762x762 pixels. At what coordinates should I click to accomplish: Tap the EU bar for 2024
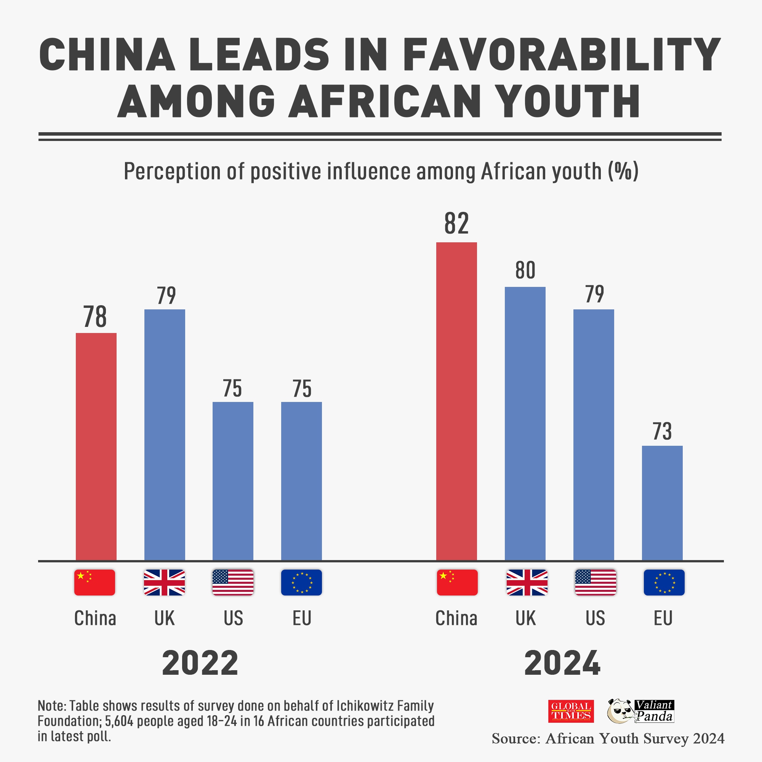[662, 503]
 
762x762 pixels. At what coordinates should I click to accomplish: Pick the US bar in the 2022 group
[233, 481]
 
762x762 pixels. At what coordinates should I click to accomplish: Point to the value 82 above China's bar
[456, 223]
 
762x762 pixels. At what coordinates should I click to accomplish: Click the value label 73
[662, 432]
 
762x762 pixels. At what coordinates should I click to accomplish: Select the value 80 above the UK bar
[525, 271]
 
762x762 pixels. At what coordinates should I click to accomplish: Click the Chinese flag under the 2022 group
[94, 582]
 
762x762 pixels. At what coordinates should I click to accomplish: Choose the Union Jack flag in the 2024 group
[527, 582]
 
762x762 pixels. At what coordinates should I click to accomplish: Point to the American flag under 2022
[233, 582]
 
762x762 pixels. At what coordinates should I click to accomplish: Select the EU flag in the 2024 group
[664, 582]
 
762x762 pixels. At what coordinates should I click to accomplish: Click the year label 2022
[200, 663]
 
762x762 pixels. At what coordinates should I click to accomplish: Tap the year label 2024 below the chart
[562, 663]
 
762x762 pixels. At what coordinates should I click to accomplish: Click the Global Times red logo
[571, 711]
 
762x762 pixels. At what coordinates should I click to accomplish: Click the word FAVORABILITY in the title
[562, 55]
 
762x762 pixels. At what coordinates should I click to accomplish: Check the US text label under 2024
[595, 618]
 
